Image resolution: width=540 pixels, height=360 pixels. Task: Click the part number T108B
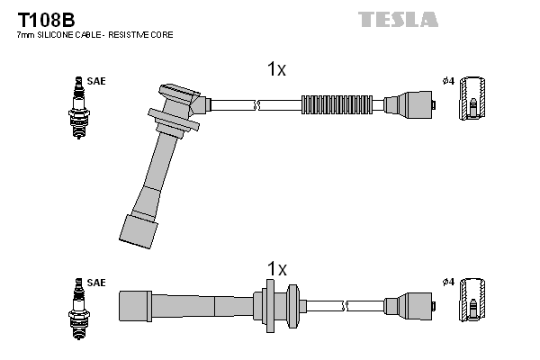pyautogui.click(x=43, y=17)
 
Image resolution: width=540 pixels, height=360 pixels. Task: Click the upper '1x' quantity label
pyautogui.click(x=276, y=69)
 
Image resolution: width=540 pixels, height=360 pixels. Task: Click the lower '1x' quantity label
pyautogui.click(x=276, y=268)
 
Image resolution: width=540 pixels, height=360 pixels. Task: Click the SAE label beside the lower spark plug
pyautogui.click(x=96, y=283)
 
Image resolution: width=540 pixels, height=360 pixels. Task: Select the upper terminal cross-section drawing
pyautogui.click(x=473, y=103)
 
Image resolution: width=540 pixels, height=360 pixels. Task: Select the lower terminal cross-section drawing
pyautogui.click(x=473, y=302)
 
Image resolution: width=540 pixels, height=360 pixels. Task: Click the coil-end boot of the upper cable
pyautogui.click(x=413, y=103)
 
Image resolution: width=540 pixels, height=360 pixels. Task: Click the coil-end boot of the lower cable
pyautogui.click(x=413, y=304)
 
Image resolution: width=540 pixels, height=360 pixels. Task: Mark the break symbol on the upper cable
pyautogui.click(x=258, y=103)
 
